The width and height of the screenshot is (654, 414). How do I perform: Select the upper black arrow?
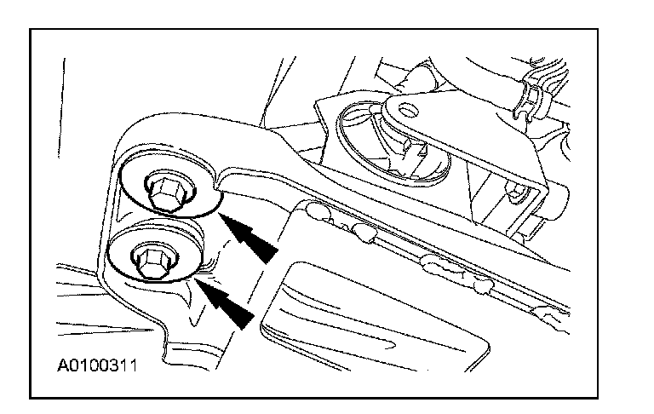[x=251, y=238]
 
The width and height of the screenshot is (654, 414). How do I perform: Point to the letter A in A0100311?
[x=63, y=368]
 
